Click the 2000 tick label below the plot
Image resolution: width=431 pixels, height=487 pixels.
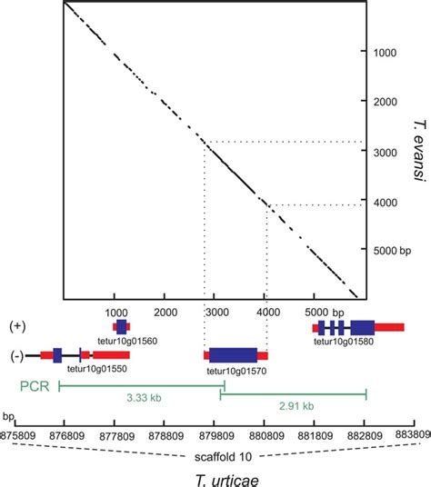tap(165, 311)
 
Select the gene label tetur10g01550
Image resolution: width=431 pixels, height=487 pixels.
tap(97, 370)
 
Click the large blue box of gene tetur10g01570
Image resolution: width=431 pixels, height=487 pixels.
tap(233, 355)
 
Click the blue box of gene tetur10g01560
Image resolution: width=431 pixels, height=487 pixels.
tap(121, 326)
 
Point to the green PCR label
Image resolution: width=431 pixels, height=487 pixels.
tap(33, 386)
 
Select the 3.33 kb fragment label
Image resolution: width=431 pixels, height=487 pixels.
tap(140, 397)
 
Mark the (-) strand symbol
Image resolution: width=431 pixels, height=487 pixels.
tap(16, 355)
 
